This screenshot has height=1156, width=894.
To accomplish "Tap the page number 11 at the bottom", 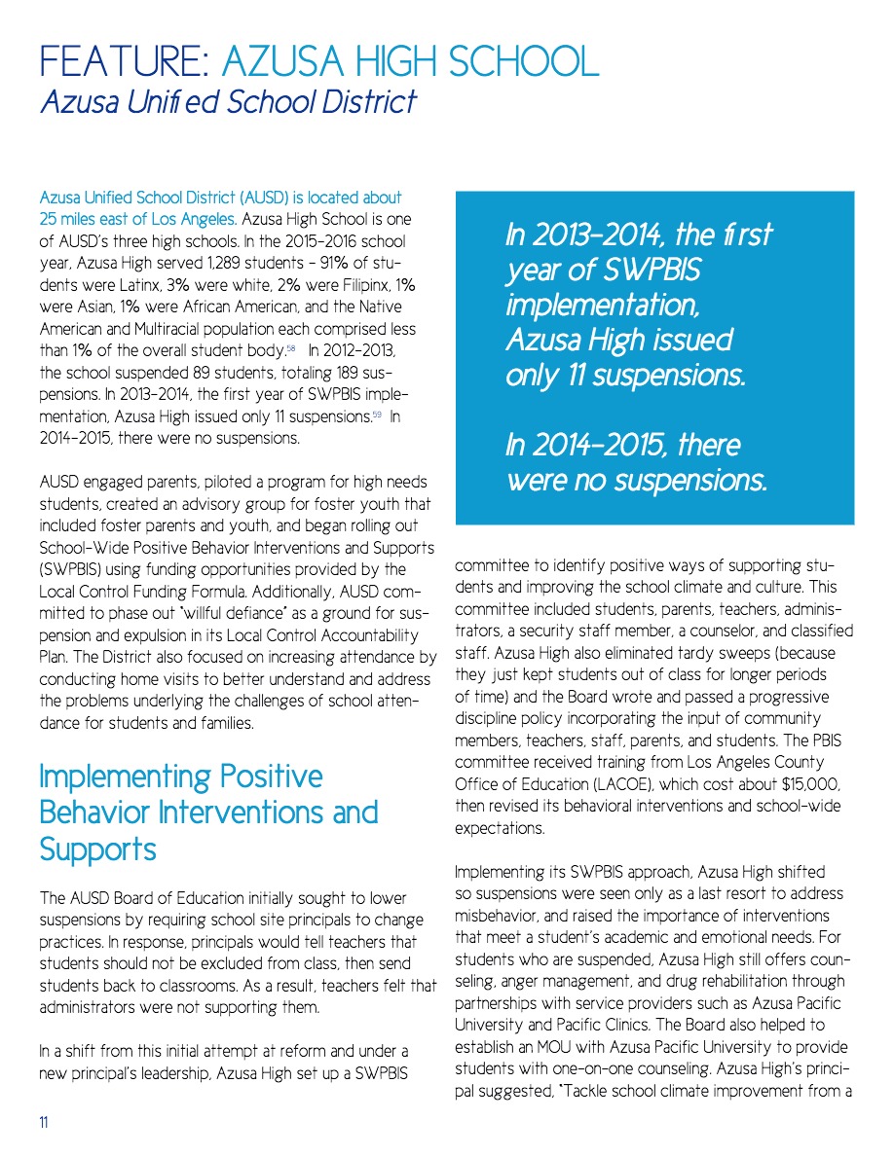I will point(44,1122).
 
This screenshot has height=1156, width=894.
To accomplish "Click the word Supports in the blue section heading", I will point(97,849).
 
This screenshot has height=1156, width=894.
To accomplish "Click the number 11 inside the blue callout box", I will point(577,376).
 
